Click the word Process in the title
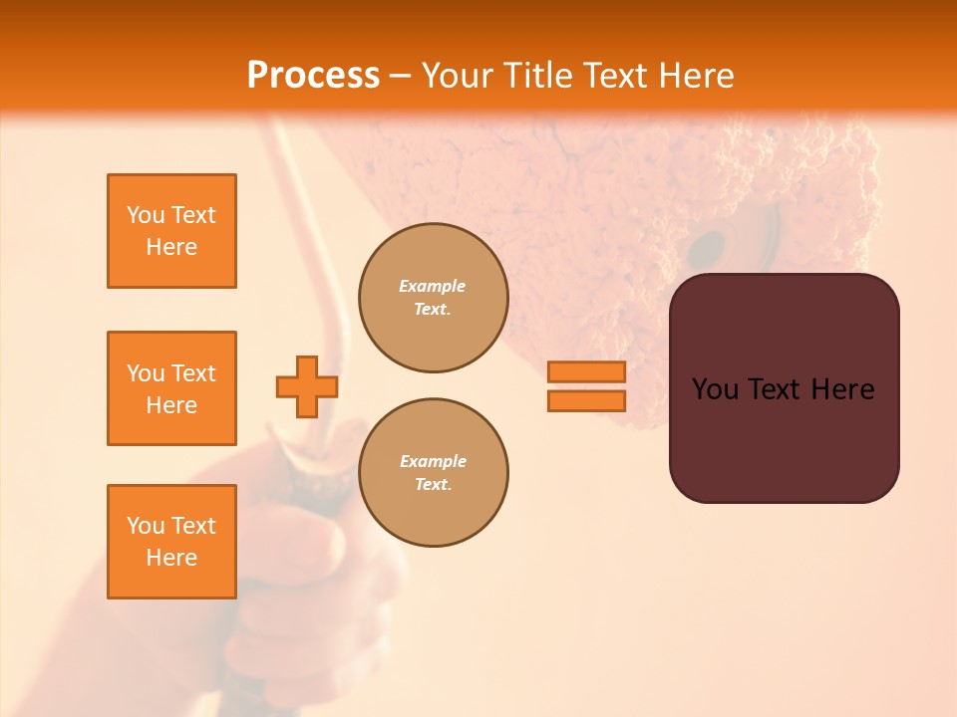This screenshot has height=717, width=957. coord(313,76)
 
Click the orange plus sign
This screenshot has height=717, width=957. coord(306,386)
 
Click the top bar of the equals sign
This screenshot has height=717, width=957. coord(586,371)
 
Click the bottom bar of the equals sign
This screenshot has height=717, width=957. coord(586,400)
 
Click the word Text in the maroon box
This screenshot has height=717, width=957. coord(774,389)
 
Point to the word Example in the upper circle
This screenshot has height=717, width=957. coord(432,286)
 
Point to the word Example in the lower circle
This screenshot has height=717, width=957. coord(433,461)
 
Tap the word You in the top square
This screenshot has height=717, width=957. coord(145,215)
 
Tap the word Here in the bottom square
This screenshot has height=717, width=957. coord(171,558)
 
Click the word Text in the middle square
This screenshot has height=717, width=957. coord(193,373)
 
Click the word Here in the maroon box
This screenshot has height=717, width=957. coord(842,389)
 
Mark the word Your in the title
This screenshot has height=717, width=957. coord(456,76)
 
